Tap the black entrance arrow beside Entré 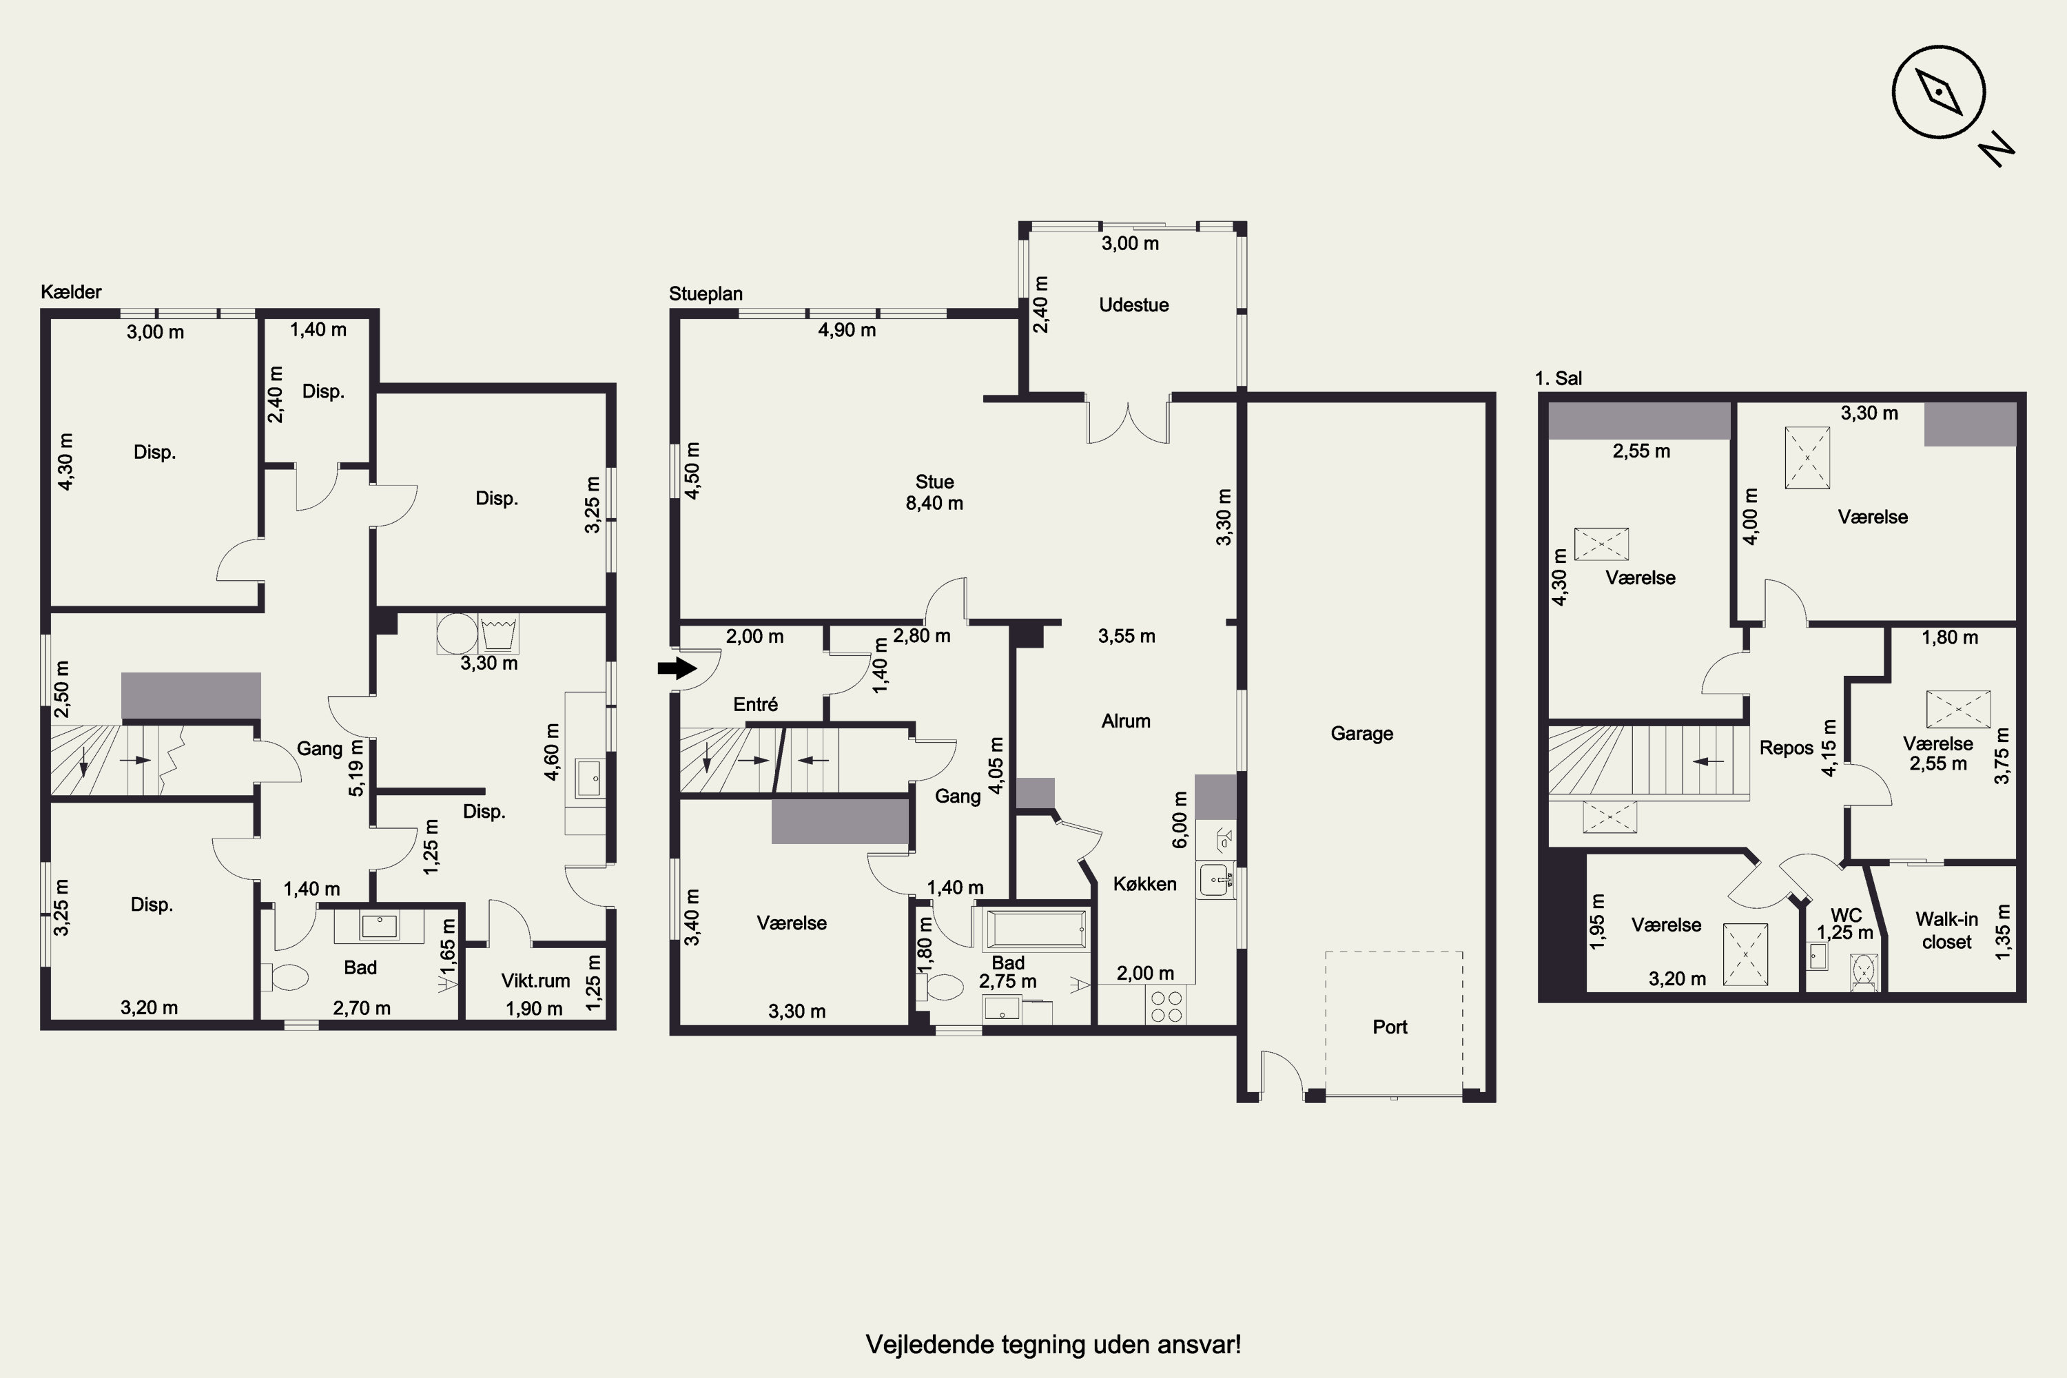point(677,669)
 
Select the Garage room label point(1361,733)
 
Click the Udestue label point(1133,305)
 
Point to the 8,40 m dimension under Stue point(934,504)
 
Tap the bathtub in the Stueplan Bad point(1038,929)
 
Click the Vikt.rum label point(535,980)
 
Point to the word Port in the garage point(1390,1027)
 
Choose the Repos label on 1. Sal point(1786,748)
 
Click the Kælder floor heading point(71,291)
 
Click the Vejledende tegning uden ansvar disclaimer point(1053,1345)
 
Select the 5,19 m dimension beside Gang point(356,768)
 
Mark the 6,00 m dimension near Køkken point(1180,819)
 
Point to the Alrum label point(1126,721)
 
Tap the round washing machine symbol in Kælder point(457,633)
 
